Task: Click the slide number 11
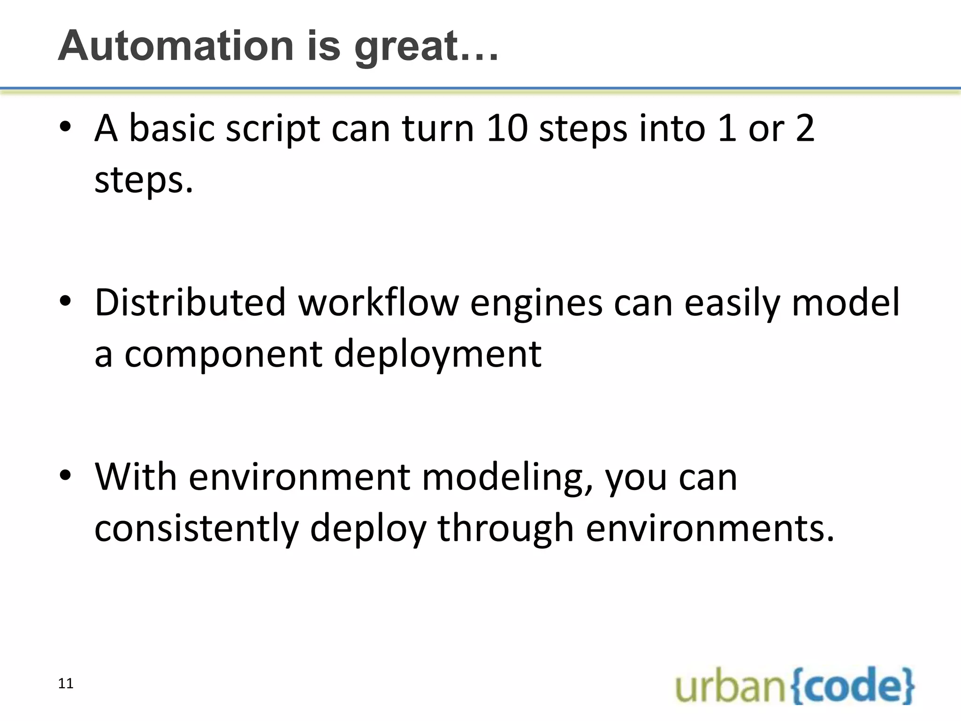(66, 683)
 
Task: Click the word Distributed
(190, 302)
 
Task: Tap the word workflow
(378, 302)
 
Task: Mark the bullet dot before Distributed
(65, 300)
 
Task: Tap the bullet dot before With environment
(65, 475)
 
